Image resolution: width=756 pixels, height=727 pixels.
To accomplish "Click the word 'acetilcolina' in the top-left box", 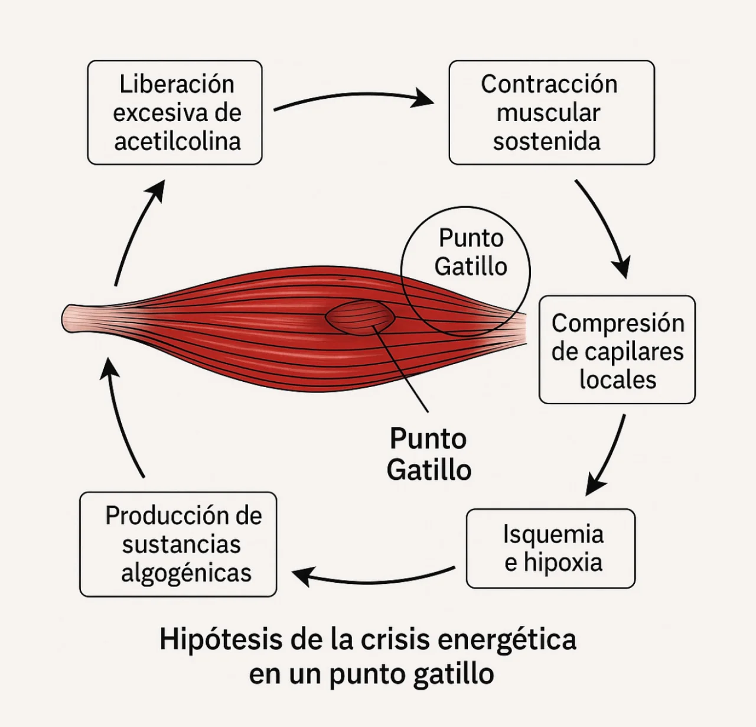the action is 178,141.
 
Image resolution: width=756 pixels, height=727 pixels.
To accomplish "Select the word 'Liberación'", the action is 177,84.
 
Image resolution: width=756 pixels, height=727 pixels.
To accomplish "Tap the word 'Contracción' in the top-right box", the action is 549,84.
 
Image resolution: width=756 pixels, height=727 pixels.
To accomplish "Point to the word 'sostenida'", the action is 546,141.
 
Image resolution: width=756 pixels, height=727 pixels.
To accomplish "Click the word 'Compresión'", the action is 618,323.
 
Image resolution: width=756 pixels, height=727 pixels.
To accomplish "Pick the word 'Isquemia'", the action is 553,534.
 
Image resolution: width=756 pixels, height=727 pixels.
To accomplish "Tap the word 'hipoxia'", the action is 563,562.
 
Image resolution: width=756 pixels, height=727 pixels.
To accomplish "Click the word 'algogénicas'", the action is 186,573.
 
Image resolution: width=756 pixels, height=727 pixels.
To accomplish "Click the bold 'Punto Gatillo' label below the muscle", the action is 429,455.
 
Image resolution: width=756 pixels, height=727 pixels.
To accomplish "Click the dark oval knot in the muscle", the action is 360,317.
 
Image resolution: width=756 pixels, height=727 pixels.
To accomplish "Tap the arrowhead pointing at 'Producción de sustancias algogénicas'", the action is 304,576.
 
